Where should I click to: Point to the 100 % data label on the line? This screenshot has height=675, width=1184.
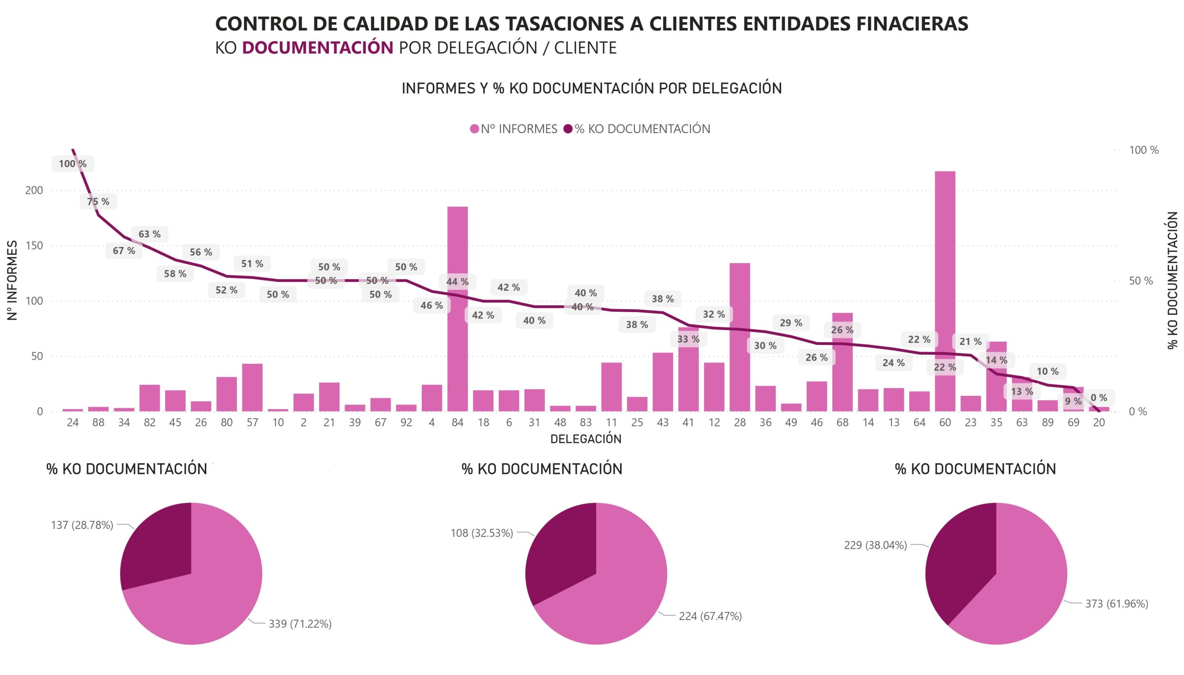coord(72,164)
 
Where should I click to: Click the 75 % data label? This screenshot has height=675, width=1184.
coord(99,202)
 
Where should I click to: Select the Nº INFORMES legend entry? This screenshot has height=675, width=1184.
coord(514,129)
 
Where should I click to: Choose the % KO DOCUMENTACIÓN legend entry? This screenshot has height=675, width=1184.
coord(637,129)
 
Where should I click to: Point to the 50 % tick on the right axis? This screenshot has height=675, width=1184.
coord(1141,281)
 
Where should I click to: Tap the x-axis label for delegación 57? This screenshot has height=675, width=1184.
coord(252,423)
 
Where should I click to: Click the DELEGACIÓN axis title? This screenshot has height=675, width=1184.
coord(585,439)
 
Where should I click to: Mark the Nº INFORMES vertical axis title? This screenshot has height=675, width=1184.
coord(12,280)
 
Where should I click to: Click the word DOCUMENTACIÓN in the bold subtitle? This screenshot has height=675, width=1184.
coord(317,48)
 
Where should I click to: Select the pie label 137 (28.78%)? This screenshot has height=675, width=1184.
coord(82,525)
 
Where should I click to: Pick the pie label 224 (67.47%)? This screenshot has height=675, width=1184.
coord(710,616)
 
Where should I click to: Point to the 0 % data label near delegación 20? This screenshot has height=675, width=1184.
coord(1098,398)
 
